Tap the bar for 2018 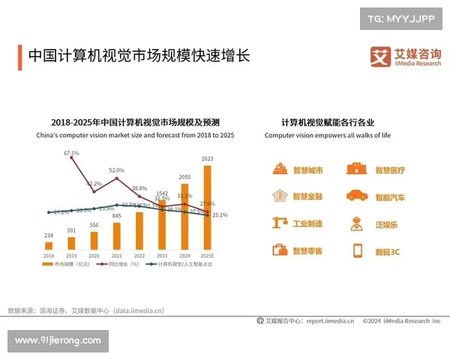(x=49, y=244)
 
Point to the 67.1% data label (x=71, y=153)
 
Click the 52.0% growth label (x=116, y=170)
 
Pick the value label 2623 (x=208, y=159)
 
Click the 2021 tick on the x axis (x=116, y=256)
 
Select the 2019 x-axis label (x=71, y=256)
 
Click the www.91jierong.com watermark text (x=58, y=340)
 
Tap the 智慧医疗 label (x=390, y=170)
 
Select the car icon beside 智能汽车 (x=356, y=196)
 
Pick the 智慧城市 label (x=307, y=170)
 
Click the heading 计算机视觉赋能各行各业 (x=328, y=122)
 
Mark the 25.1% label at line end (x=220, y=215)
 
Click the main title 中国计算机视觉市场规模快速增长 (x=138, y=56)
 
